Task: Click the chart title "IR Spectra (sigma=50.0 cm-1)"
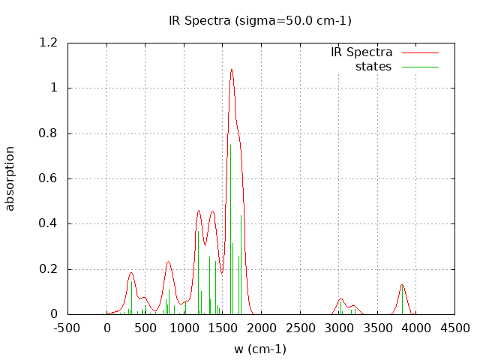(260, 20)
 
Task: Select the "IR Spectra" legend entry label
(361, 52)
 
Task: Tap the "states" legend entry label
(373, 67)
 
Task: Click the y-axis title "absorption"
(10, 178)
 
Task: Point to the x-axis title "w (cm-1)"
(260, 349)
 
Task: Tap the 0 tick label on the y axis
(54, 314)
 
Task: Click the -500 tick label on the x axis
(68, 328)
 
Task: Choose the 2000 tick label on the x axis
(261, 328)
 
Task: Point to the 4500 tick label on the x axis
(454, 328)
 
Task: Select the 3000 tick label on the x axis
(338, 328)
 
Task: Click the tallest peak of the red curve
(232, 69)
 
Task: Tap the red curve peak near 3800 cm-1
(402, 284)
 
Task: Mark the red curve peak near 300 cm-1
(131, 272)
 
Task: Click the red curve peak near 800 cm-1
(168, 261)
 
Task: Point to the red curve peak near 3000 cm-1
(340, 298)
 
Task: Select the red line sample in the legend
(420, 52)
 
